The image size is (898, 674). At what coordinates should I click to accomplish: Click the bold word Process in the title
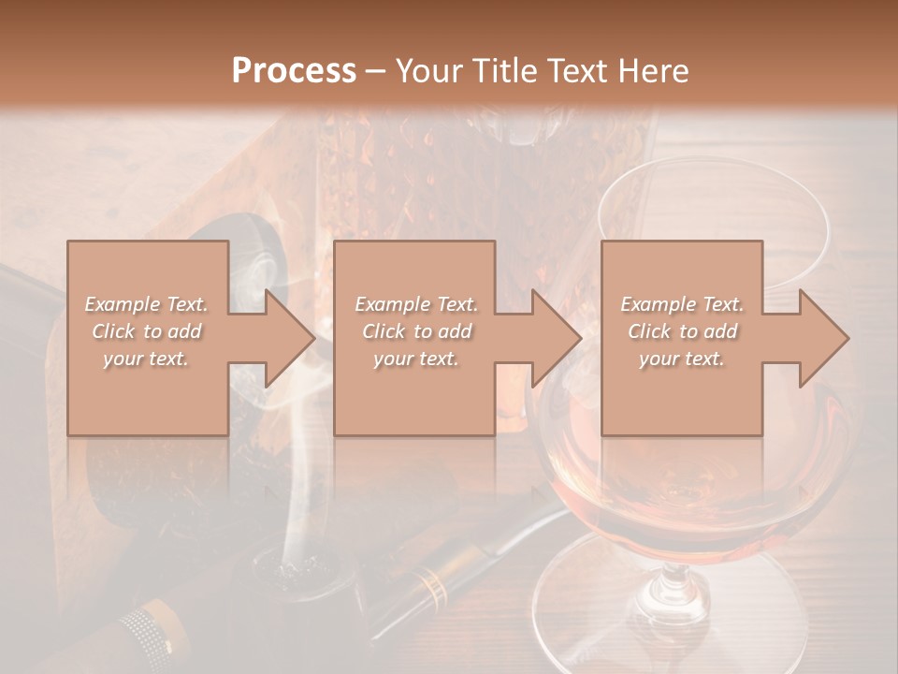(294, 71)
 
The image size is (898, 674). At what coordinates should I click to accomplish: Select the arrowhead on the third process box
(824, 338)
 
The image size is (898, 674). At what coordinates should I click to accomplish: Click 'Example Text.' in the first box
(146, 304)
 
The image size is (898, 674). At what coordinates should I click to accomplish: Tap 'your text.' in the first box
(146, 359)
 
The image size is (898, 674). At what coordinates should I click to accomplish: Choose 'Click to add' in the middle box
(416, 331)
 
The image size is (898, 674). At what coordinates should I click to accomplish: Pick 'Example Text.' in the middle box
(416, 304)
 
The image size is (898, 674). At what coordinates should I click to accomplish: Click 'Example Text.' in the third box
(682, 304)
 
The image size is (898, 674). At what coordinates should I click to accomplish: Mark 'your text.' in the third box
(682, 359)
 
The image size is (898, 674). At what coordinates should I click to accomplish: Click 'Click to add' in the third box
(682, 331)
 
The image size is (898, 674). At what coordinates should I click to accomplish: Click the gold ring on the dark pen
(431, 586)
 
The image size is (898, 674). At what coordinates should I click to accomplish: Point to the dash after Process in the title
(376, 71)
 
